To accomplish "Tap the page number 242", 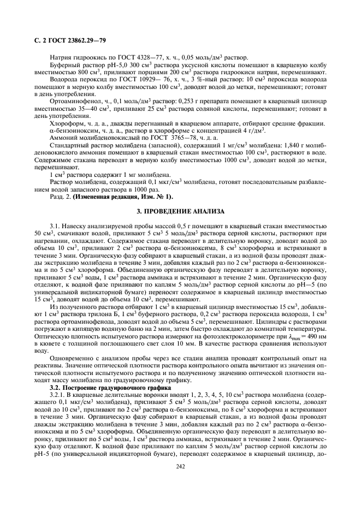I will click(180, 481).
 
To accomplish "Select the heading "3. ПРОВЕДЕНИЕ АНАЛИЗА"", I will click(180, 210).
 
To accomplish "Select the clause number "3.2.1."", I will click(57, 395).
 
